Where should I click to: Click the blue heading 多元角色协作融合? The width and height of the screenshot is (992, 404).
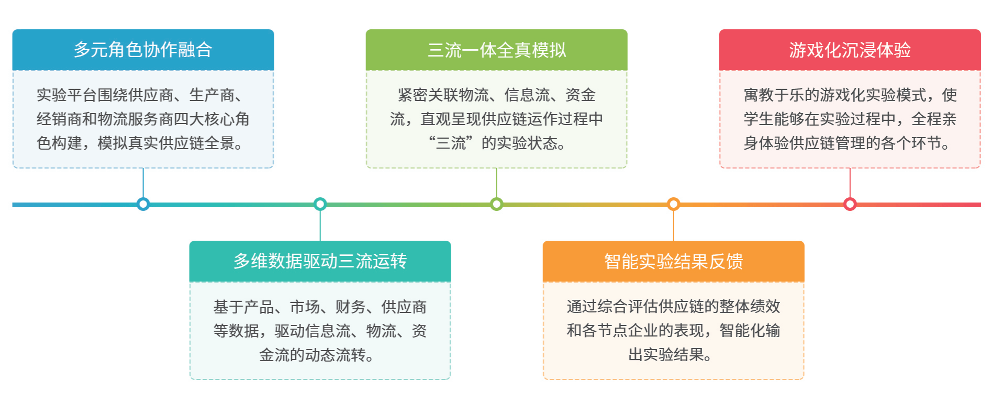tap(143, 50)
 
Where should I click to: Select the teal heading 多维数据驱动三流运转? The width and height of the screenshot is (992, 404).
tap(320, 261)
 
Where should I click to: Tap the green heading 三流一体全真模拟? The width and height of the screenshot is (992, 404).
tap(496, 50)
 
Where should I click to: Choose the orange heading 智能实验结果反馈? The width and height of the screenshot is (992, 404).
tap(673, 261)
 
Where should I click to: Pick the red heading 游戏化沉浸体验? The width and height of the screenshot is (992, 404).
tap(850, 50)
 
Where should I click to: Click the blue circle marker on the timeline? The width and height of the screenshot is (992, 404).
tap(143, 204)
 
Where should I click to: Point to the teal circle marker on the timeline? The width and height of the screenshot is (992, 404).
tap(320, 204)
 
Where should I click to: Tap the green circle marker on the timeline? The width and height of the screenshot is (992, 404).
tap(496, 204)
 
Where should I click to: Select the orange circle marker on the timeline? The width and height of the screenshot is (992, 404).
tap(673, 204)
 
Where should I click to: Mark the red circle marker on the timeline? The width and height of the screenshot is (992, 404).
tap(850, 204)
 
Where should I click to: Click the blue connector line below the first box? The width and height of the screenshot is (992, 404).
tap(143, 183)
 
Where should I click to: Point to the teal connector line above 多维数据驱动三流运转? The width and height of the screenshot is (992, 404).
tap(320, 226)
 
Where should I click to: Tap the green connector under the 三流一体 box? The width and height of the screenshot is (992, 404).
tap(496, 183)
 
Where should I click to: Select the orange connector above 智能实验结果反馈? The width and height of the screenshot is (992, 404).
tap(673, 226)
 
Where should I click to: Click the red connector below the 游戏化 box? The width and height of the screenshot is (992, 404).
tap(850, 183)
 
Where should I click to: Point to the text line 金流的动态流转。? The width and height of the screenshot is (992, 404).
tap(317, 355)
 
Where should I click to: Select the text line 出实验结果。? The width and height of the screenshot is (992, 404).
tap(671, 354)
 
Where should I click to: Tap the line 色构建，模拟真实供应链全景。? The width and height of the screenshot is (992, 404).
tap(140, 143)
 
